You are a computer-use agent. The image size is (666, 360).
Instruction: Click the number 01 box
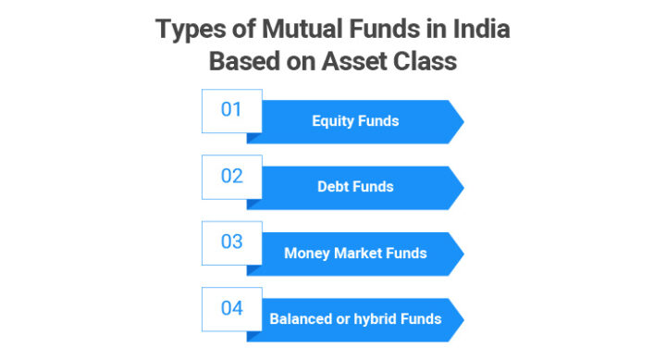click(231, 111)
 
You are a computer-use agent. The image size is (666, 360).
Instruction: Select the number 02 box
click(231, 177)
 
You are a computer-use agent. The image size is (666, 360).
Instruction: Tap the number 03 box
click(231, 242)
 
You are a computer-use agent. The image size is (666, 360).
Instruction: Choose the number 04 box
click(231, 308)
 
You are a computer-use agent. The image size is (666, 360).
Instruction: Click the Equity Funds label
click(355, 121)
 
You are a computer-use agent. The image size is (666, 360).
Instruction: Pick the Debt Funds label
click(355, 187)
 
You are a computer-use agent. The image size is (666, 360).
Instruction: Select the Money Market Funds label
click(355, 253)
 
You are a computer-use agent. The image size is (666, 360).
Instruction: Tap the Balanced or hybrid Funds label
click(355, 319)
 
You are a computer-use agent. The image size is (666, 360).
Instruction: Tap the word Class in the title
click(426, 62)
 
